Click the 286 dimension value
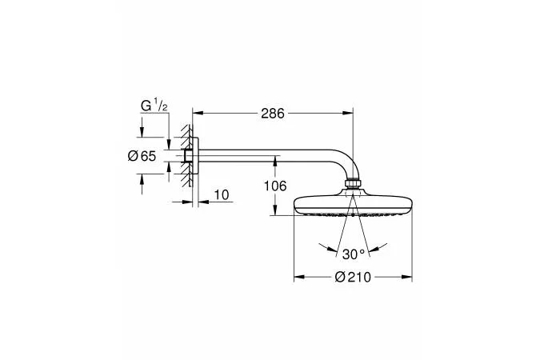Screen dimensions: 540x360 [273, 114]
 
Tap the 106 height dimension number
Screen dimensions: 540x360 [275, 186]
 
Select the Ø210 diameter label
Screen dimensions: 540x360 [353, 277]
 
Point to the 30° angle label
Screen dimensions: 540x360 [354, 254]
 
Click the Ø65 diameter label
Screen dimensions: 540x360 [142, 156]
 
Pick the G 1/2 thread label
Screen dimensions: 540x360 [154, 105]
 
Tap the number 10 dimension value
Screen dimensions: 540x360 [222, 195]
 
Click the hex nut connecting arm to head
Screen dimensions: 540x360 [353, 183]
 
